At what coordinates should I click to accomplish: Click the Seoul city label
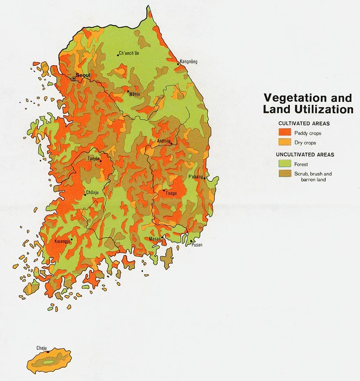[x=83, y=75]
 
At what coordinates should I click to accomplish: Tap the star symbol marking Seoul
[x=74, y=78]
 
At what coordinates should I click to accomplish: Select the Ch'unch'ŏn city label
[x=129, y=53]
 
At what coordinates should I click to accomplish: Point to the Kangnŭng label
[x=189, y=62]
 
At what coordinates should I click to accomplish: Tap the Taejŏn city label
[x=94, y=158]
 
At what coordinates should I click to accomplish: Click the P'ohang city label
[x=196, y=176]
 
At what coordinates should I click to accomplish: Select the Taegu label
[x=171, y=193]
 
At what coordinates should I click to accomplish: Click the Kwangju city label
[x=62, y=241]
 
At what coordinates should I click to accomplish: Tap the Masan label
[x=155, y=238]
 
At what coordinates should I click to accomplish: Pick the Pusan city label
[x=197, y=245]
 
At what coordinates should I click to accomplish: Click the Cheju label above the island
[x=42, y=348]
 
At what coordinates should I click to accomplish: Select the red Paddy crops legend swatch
[x=284, y=132]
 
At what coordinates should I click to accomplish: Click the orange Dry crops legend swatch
[x=284, y=142]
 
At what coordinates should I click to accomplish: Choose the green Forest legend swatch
[x=284, y=164]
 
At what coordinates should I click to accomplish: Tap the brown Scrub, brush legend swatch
[x=284, y=174]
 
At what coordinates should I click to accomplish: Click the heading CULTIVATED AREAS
[x=304, y=123]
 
